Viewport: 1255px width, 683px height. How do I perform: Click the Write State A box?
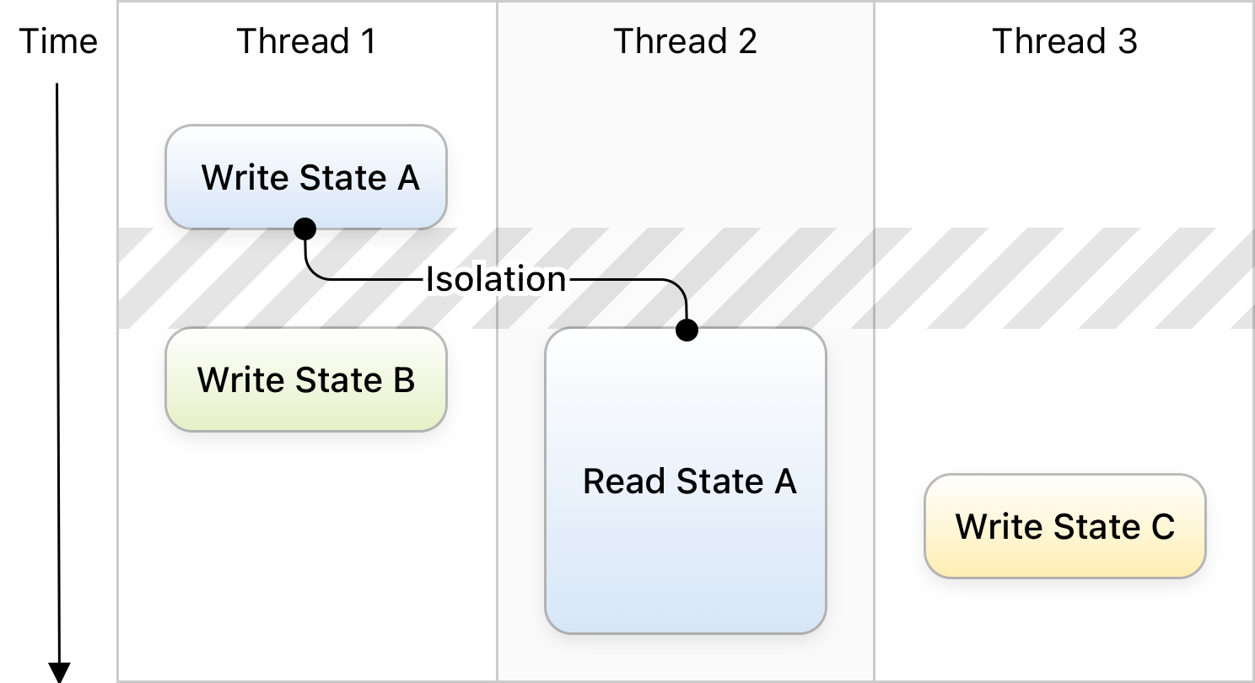pos(306,177)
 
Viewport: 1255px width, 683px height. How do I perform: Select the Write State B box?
pos(306,379)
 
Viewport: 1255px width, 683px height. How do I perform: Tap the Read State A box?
pos(686,481)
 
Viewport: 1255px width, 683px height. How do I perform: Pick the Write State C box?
pos(1065,526)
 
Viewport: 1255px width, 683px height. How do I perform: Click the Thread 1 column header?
pos(306,41)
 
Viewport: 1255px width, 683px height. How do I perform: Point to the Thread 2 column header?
pos(685,41)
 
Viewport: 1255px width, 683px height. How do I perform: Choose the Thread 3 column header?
pos(1064,41)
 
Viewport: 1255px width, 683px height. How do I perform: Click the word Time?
pos(58,41)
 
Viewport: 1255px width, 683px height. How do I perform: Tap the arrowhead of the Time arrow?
pos(59,672)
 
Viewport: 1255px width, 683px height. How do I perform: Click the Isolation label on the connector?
pos(497,278)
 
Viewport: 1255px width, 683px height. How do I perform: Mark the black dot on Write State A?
pos(304,229)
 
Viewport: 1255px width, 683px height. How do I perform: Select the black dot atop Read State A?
pos(687,330)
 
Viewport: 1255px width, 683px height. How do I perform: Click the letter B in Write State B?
pos(404,380)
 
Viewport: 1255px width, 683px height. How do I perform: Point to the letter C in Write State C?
pos(1162,527)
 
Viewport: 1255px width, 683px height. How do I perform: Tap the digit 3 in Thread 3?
pos(1128,41)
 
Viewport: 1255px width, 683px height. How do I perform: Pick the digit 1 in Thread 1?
pos(368,41)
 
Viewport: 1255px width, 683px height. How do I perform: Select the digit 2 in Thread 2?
pos(747,41)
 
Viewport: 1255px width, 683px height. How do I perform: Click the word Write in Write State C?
pos(1000,526)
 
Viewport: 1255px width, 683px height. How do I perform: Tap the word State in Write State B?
pos(338,380)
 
